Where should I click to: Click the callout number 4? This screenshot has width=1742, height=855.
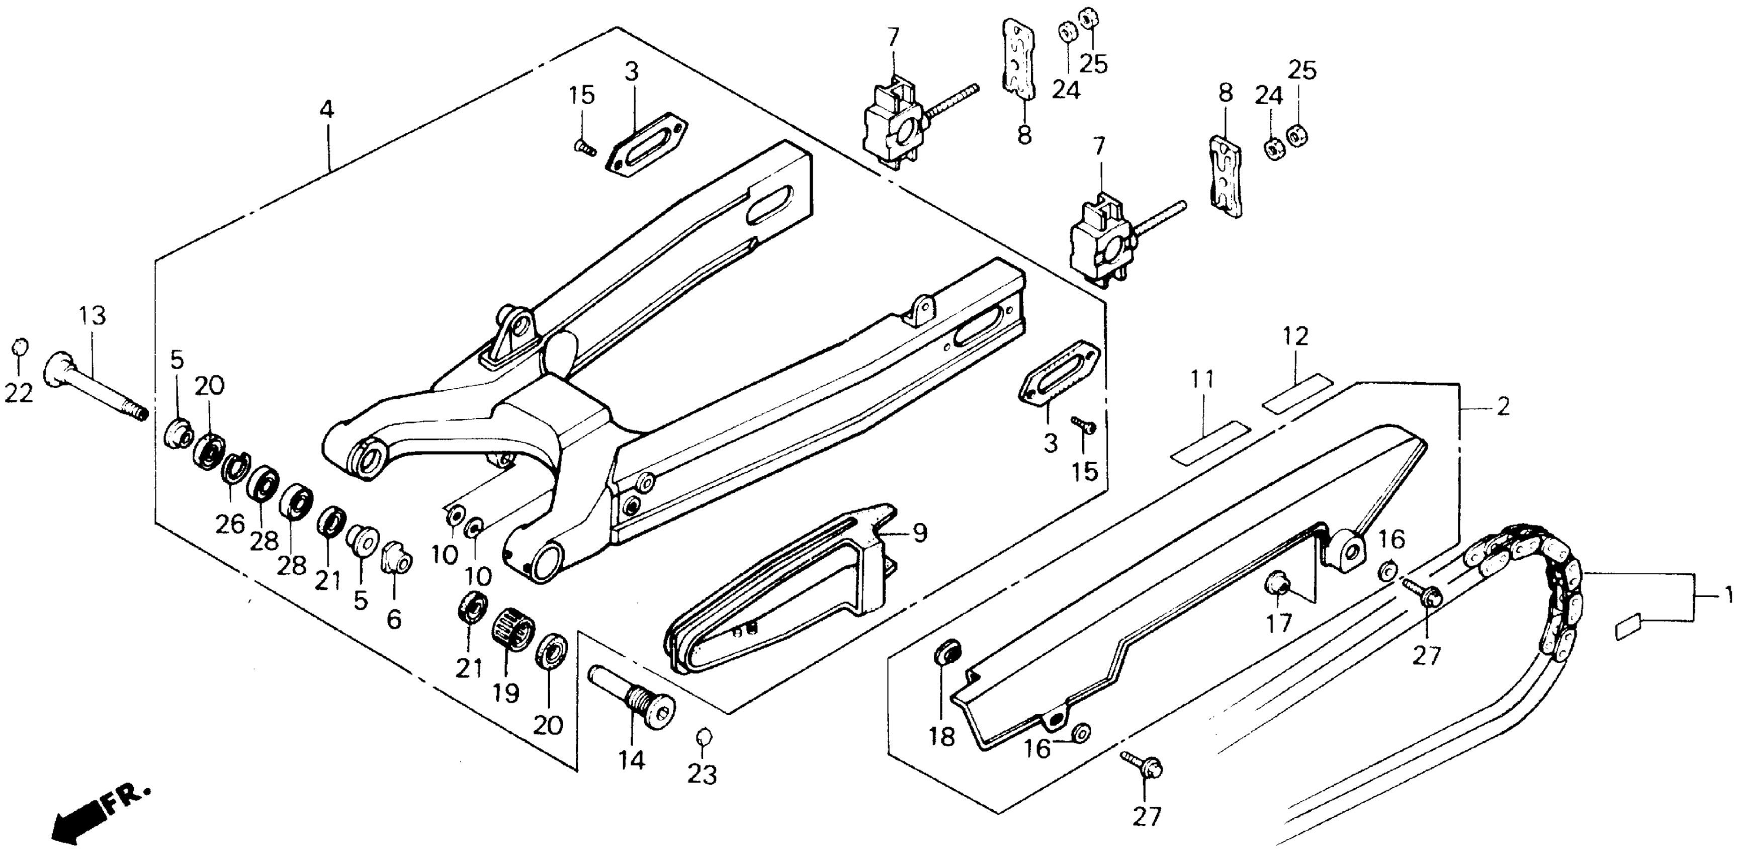pos(327,110)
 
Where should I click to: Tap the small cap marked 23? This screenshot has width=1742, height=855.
pos(703,736)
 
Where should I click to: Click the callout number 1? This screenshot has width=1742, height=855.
pos(1728,596)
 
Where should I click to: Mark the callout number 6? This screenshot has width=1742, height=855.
pos(394,618)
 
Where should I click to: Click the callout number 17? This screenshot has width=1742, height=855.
pos(1279,622)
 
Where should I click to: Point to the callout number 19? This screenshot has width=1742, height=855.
pos(506,693)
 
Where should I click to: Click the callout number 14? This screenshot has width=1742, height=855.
pos(632,759)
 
